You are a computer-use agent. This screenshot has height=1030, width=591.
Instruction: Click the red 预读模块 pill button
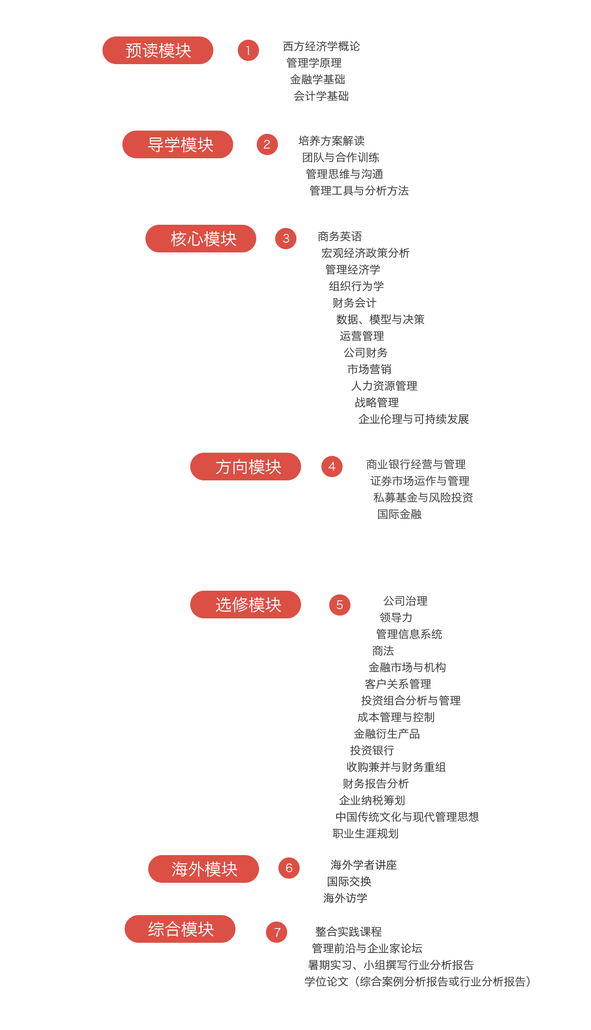(158, 50)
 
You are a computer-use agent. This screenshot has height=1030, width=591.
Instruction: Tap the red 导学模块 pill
(178, 144)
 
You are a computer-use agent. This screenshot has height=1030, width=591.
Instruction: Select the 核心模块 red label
(201, 239)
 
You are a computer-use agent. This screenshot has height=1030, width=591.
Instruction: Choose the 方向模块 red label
(246, 467)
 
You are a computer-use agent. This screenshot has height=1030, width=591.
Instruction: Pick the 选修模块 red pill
(246, 605)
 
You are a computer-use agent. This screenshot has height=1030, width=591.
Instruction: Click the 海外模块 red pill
(204, 869)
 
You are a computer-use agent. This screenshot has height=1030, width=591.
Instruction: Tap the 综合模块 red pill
(180, 929)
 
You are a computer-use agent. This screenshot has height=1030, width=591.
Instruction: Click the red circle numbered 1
(248, 50)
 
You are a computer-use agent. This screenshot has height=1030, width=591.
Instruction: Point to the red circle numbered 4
(332, 467)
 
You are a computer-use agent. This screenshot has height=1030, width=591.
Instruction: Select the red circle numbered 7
(277, 932)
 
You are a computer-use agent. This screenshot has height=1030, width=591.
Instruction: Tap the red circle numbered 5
(340, 605)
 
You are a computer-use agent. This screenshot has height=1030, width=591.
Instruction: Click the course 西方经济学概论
(321, 46)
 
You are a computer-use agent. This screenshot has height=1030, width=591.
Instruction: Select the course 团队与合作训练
(341, 157)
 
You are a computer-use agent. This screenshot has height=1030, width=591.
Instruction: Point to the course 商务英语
(340, 236)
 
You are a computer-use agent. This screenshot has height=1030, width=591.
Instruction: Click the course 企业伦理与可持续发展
(414, 419)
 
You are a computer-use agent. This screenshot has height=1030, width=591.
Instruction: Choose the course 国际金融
(399, 514)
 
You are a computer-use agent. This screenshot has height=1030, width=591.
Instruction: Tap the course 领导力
(396, 617)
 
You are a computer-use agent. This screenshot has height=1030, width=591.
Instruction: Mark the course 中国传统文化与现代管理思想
(407, 817)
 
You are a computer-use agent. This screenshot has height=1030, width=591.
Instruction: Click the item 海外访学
(345, 898)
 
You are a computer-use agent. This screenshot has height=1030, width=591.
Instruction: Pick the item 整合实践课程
(349, 932)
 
